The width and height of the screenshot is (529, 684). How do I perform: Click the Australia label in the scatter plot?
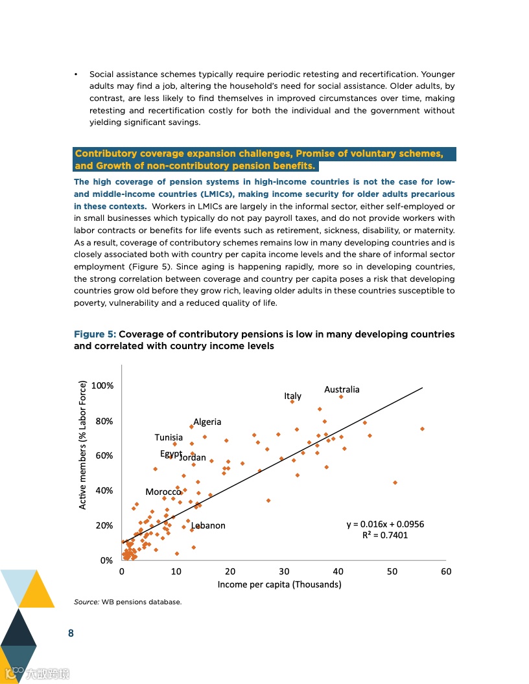pos(342,389)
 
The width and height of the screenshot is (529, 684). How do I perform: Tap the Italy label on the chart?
pos(292,396)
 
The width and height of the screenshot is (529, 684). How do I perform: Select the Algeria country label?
pos(207,422)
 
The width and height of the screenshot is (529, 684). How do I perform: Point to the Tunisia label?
pos(169,437)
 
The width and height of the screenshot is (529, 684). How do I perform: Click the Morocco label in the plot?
pos(163,492)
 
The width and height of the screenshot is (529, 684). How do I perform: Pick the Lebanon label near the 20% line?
pos(209,525)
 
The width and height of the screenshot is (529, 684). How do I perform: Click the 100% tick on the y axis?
pos(102,385)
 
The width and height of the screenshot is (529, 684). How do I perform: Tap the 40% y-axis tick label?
pos(104,490)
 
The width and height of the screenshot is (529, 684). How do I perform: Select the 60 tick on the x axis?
pos(446,571)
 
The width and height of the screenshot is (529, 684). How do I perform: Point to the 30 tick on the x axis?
pos(284,571)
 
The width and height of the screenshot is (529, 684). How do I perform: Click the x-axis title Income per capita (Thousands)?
pos(279,584)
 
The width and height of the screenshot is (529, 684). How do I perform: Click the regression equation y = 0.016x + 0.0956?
pos(385,524)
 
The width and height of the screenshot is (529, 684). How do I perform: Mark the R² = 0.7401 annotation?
pos(385,535)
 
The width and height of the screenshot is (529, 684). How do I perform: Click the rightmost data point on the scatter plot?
pos(422,429)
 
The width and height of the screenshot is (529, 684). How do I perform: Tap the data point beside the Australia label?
pos(341,396)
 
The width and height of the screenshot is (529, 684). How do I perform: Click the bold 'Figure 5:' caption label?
pos(95,334)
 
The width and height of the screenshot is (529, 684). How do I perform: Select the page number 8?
pos(71,633)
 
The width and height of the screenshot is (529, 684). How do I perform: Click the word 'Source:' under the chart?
pos(86,602)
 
